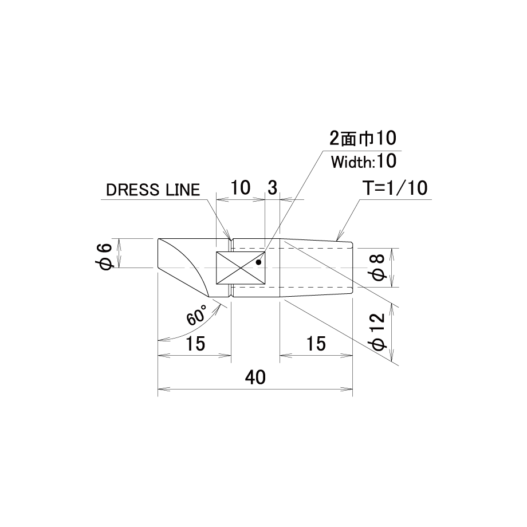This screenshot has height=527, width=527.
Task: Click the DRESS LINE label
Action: pos(153,190)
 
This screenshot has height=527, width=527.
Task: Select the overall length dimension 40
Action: pos(255,377)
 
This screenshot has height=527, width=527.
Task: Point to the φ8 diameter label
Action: pos(378,268)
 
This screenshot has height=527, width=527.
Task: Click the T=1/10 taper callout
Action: pos(396,188)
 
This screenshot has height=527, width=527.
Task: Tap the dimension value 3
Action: pos(272,187)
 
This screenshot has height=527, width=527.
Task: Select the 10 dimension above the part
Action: pos(240,187)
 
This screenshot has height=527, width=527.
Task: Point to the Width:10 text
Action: pos(364,162)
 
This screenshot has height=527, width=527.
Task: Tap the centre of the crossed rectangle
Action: pos(241,268)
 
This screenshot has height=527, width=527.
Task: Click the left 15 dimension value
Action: pos(195,344)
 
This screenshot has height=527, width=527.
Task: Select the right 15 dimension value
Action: pos(316,344)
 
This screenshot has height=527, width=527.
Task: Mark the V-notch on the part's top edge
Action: pos(231,241)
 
